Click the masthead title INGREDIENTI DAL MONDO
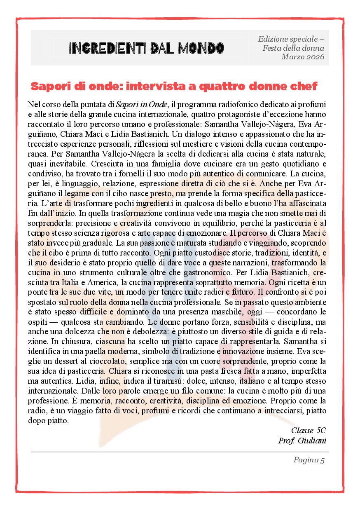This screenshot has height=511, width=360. coord(147,48)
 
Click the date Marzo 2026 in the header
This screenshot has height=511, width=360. coord(303,57)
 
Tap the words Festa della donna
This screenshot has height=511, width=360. coord(293,48)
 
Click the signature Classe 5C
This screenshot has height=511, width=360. coord(309,430)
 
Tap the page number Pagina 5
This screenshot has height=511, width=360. coord(309,460)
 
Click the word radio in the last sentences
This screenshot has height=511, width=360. coord(37,411)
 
